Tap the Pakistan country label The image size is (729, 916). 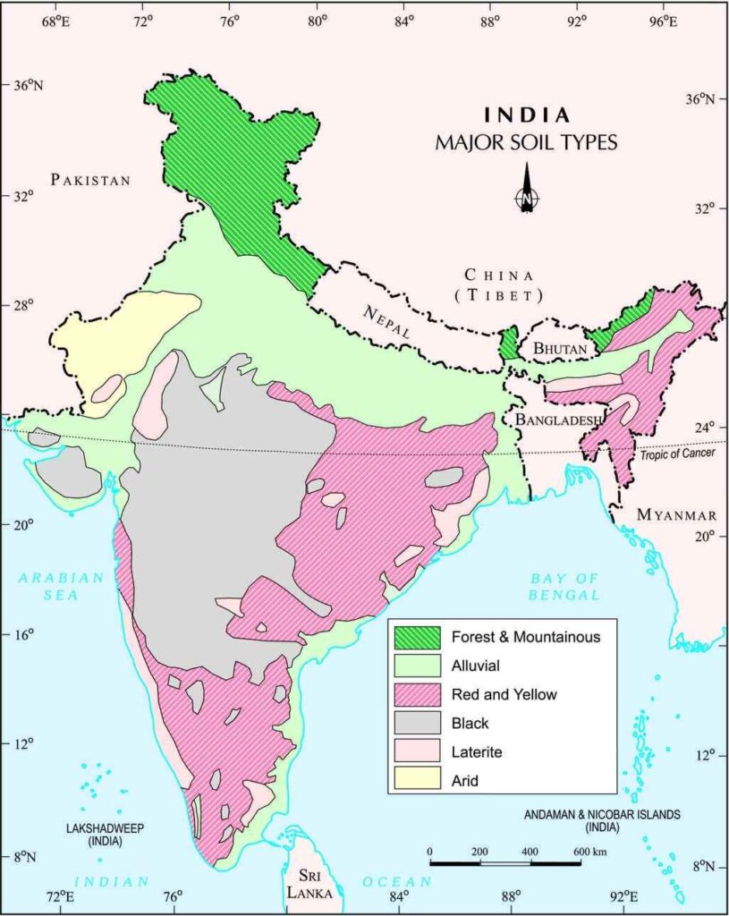click(90, 180)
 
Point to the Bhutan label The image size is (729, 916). click(560, 347)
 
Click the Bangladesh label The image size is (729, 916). click(555, 419)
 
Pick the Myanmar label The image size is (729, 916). click(676, 515)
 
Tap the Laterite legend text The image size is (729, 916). click(477, 751)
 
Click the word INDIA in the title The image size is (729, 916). click(527, 115)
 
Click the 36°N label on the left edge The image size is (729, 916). click(27, 86)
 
